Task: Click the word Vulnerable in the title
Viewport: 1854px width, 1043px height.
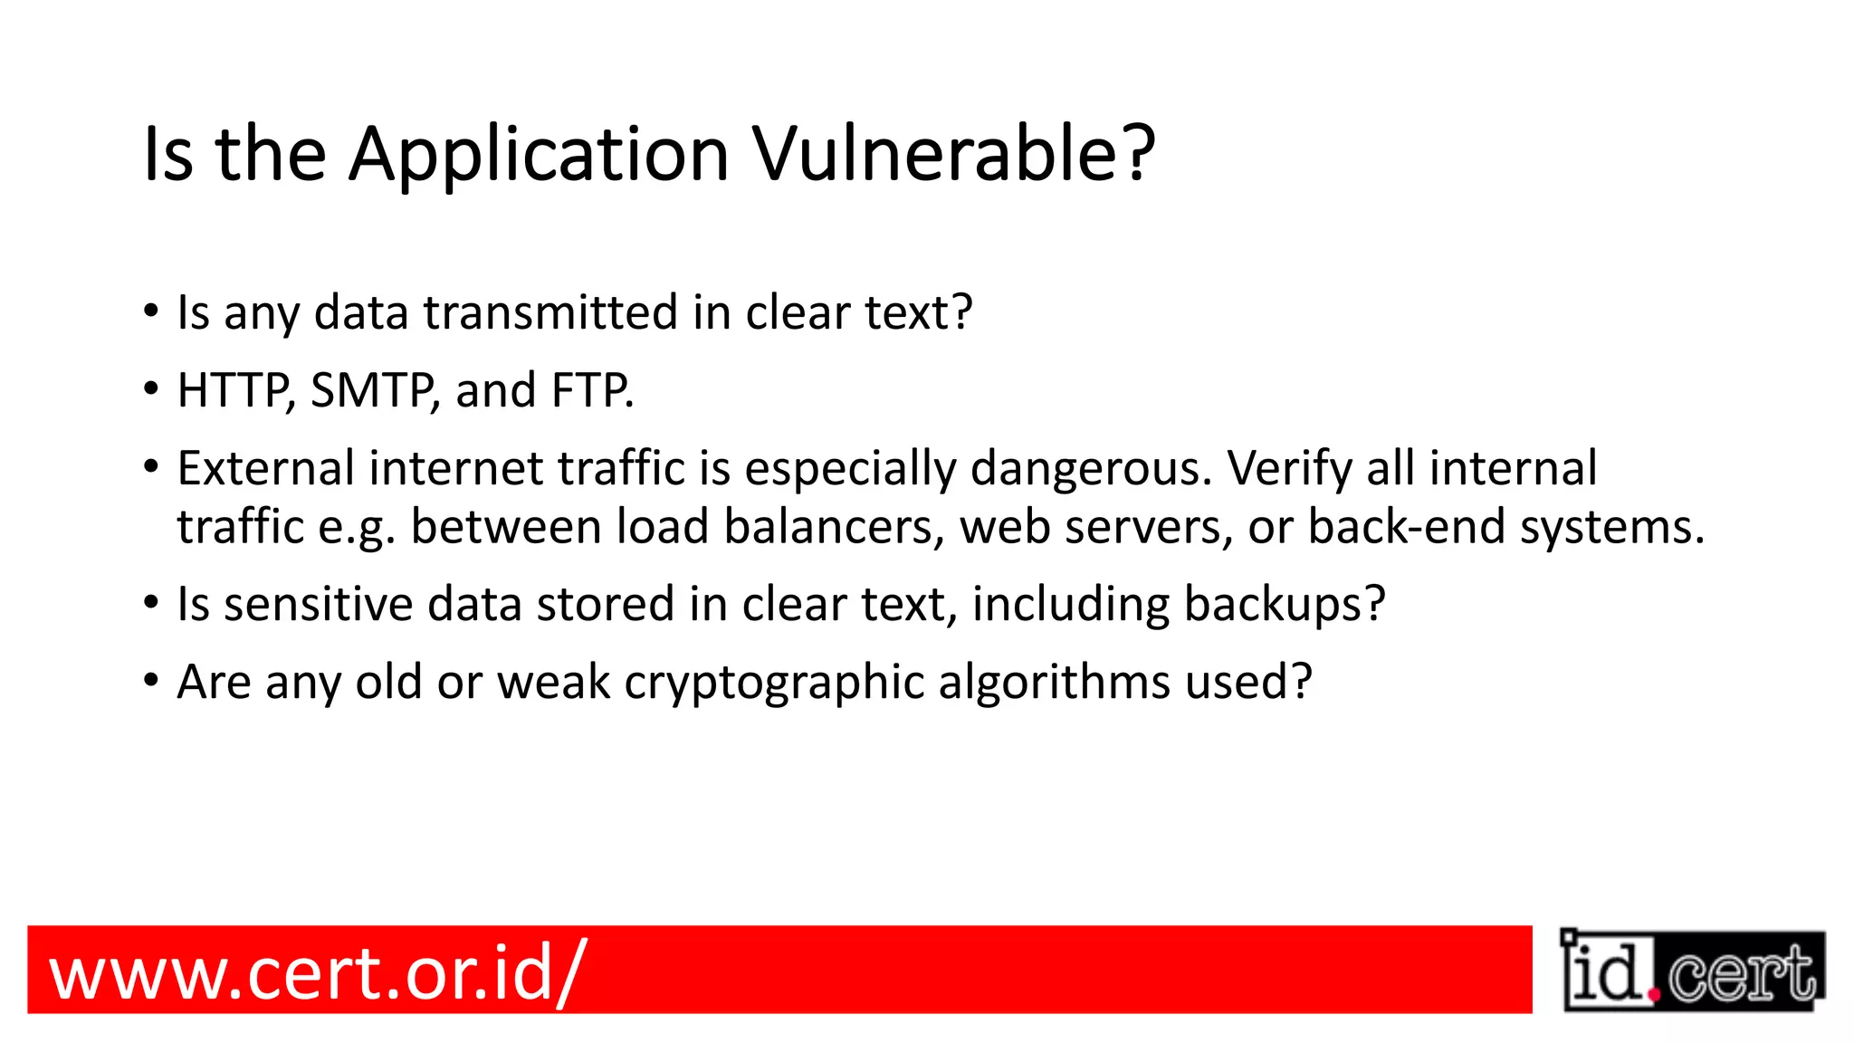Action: [x=953, y=154]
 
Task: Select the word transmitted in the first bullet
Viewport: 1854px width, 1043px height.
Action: [x=550, y=313]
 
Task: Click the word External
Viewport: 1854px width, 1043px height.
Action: [x=265, y=469]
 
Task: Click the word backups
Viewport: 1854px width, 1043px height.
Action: [x=1284, y=605]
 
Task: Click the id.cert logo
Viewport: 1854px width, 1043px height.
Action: [x=1692, y=971]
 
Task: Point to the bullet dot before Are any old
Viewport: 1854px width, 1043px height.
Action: [x=151, y=682]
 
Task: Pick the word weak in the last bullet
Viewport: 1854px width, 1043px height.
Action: [x=553, y=682]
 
